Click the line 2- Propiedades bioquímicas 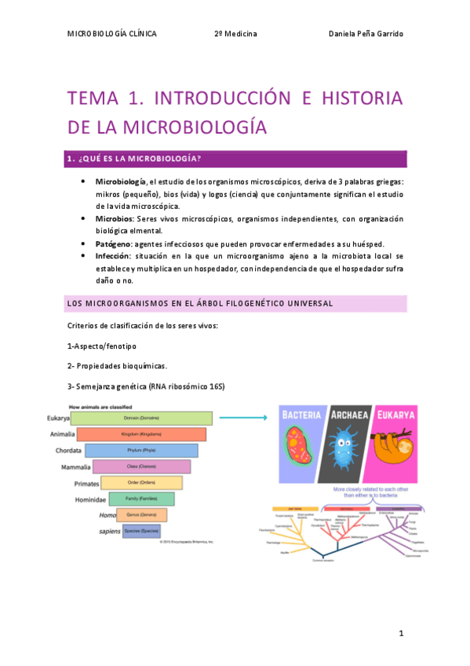pos(118,365)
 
